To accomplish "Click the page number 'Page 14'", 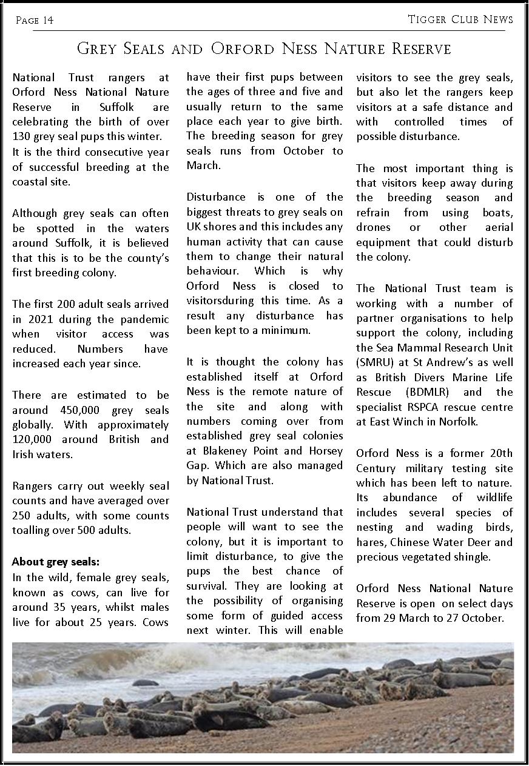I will (x=35, y=21).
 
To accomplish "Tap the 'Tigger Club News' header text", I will (x=460, y=19).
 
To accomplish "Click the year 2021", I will (x=38, y=319).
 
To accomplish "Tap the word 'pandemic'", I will (x=143, y=319).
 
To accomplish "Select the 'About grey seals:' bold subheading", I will (x=56, y=562).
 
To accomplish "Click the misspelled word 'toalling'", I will (x=31, y=531).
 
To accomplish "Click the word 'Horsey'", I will (x=326, y=451).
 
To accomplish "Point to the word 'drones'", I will (x=374, y=227).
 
